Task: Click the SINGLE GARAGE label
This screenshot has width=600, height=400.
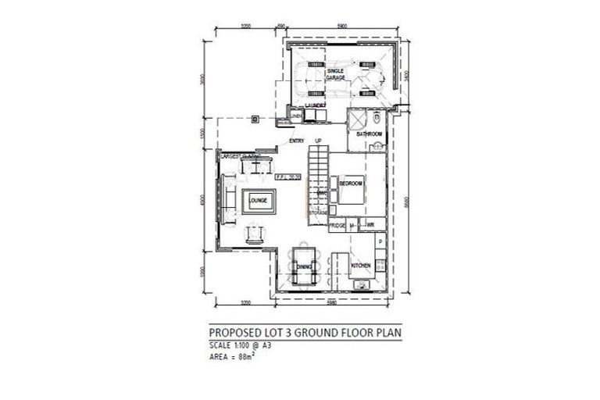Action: (x=325, y=74)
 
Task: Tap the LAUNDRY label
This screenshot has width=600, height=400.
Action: (x=315, y=105)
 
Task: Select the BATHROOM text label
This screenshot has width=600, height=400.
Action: (x=369, y=134)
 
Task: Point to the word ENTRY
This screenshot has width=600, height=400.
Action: (x=296, y=141)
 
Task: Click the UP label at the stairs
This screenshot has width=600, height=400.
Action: (x=318, y=141)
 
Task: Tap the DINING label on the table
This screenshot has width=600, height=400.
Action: (x=305, y=268)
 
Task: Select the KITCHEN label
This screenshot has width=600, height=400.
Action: (x=360, y=266)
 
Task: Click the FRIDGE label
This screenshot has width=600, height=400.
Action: (x=337, y=226)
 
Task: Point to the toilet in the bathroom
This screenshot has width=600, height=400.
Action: (x=376, y=119)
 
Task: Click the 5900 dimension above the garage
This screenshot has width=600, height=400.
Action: (x=341, y=27)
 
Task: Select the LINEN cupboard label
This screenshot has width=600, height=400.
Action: (x=296, y=116)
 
